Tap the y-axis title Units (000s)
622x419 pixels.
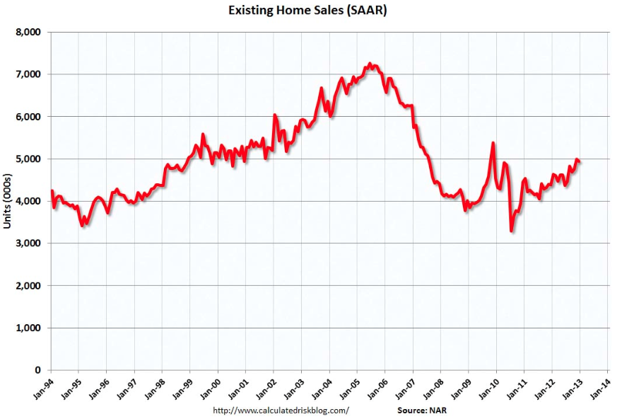point(8,201)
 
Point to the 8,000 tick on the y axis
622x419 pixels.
point(29,32)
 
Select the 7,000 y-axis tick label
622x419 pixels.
point(29,74)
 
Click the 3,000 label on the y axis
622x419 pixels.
point(29,243)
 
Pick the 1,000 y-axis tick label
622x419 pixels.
point(29,328)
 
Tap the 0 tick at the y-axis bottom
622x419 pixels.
point(38,370)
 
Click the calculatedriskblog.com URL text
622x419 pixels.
point(281,410)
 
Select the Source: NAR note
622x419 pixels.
point(421,410)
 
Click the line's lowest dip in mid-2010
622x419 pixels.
point(511,231)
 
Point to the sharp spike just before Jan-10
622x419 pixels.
point(493,143)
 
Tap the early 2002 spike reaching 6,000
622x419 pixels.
point(274,115)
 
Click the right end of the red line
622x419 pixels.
point(580,162)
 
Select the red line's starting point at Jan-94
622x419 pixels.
point(52,190)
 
